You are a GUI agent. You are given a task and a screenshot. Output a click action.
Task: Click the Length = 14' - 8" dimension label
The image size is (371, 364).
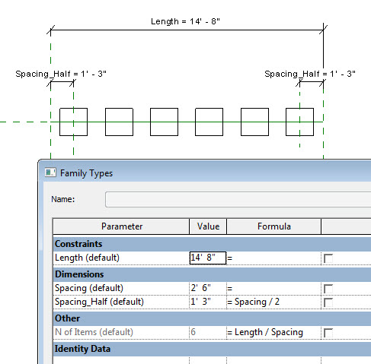coord(185,21)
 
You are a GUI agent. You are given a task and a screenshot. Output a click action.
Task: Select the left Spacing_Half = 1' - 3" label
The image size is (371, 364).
coord(61,74)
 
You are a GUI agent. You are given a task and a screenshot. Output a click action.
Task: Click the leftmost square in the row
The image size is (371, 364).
coord(73,122)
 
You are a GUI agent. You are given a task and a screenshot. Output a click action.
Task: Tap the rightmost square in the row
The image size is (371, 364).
coord(299,122)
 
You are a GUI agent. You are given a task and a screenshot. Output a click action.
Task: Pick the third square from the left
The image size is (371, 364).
coord(164,122)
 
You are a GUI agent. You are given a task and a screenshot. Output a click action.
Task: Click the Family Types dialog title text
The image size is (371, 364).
coord(86,173)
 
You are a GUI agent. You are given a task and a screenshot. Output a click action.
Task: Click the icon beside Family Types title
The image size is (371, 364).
coord(50,173)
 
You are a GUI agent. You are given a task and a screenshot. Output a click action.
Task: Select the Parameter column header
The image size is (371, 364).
coord(121,226)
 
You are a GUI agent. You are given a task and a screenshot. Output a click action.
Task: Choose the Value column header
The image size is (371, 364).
coord(208,226)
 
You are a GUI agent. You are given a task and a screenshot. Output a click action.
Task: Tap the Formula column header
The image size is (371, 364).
coord(274,226)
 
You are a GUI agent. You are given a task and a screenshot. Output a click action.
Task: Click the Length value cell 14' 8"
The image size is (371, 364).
coord(207,258)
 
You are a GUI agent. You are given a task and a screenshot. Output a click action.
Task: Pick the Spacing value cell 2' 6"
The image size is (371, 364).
coord(207,289)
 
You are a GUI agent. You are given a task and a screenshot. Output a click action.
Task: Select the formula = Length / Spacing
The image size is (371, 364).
coord(265,332)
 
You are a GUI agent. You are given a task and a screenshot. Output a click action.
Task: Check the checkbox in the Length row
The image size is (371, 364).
coord(329,258)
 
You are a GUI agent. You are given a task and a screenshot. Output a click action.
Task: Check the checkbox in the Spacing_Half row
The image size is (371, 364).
coord(329,302)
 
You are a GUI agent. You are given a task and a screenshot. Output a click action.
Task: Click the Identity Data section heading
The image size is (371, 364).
coord(82,349)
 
